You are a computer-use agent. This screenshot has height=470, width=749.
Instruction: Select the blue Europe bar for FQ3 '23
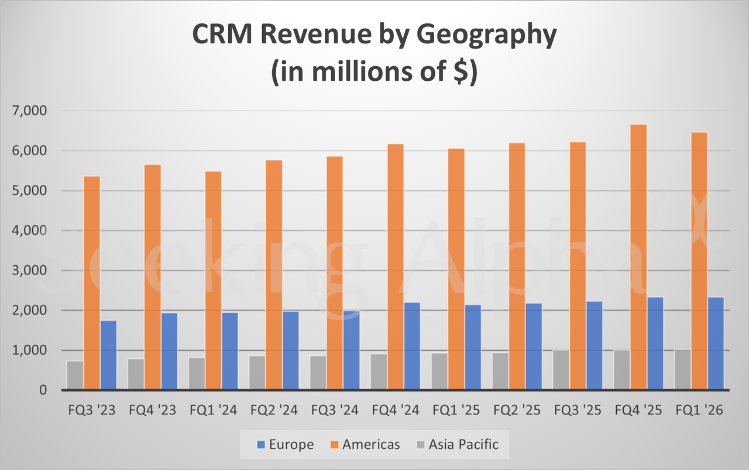coord(108,355)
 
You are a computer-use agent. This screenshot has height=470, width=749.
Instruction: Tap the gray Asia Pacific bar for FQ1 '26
coord(682,369)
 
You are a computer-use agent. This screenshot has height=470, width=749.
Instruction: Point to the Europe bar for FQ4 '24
coord(412,345)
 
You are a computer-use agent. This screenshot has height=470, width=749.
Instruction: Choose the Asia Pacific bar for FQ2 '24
coord(257,372)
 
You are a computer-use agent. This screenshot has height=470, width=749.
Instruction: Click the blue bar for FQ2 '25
coord(534,346)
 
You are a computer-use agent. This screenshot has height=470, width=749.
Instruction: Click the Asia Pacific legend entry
coord(456,444)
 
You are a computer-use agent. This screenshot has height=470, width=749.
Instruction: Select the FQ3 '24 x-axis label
coord(335,410)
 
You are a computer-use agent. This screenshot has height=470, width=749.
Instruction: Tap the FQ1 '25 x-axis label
coord(456,410)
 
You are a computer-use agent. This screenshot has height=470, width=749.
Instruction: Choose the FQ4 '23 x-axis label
coord(152,410)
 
